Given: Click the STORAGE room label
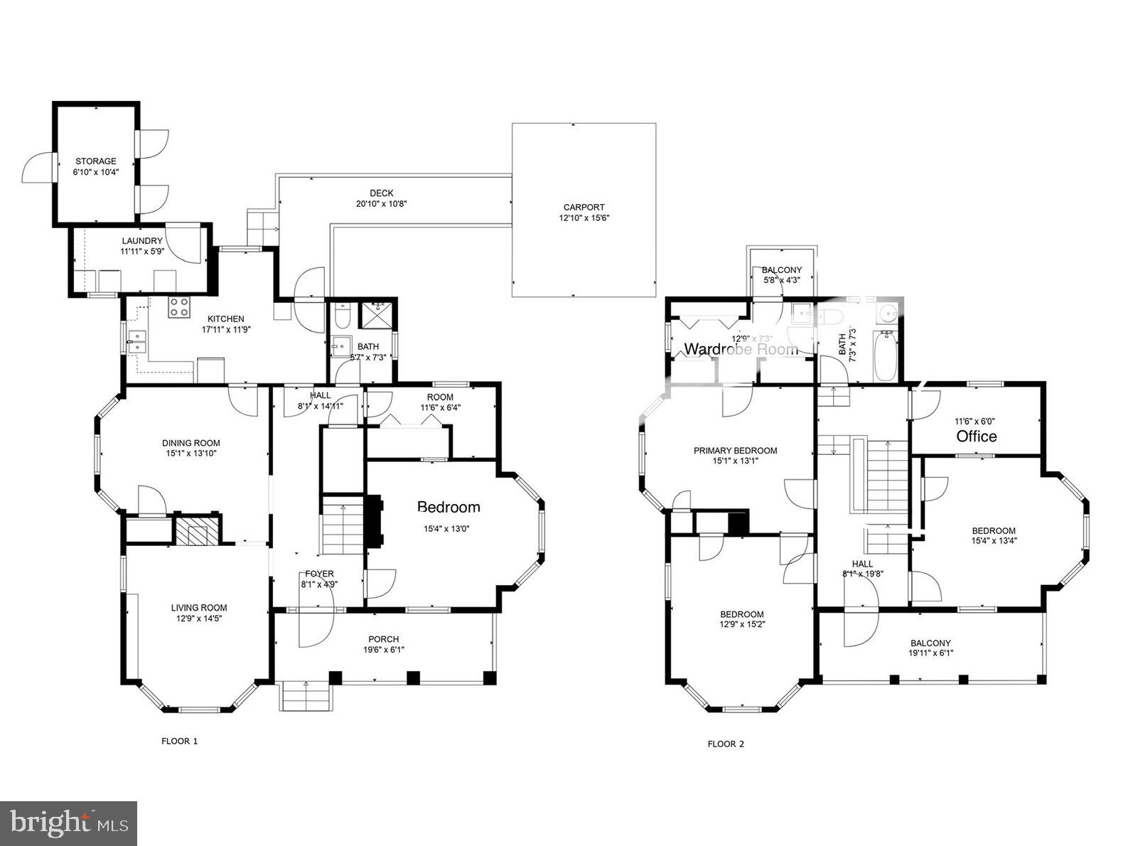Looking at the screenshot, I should [95, 161].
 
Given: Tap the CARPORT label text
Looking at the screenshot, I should [584, 208].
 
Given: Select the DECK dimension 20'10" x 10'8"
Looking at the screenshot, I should [381, 203].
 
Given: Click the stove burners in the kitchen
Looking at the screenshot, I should [179, 307].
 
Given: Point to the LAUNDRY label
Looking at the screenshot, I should [141, 241].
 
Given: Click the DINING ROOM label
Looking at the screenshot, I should [190, 443].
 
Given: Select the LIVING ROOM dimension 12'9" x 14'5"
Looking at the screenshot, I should [198, 619].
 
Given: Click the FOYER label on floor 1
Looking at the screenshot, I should [319, 574].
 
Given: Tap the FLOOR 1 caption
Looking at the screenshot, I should [179, 741].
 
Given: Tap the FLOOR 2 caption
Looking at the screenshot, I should [725, 744].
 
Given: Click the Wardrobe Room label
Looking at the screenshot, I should [740, 349].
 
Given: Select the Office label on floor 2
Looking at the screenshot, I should [976, 436].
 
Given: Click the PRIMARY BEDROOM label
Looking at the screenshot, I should [735, 450].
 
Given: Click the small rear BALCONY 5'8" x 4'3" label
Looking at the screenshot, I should [781, 270].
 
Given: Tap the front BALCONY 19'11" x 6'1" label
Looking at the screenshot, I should [930, 643].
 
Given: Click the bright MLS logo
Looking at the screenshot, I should [69, 823].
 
